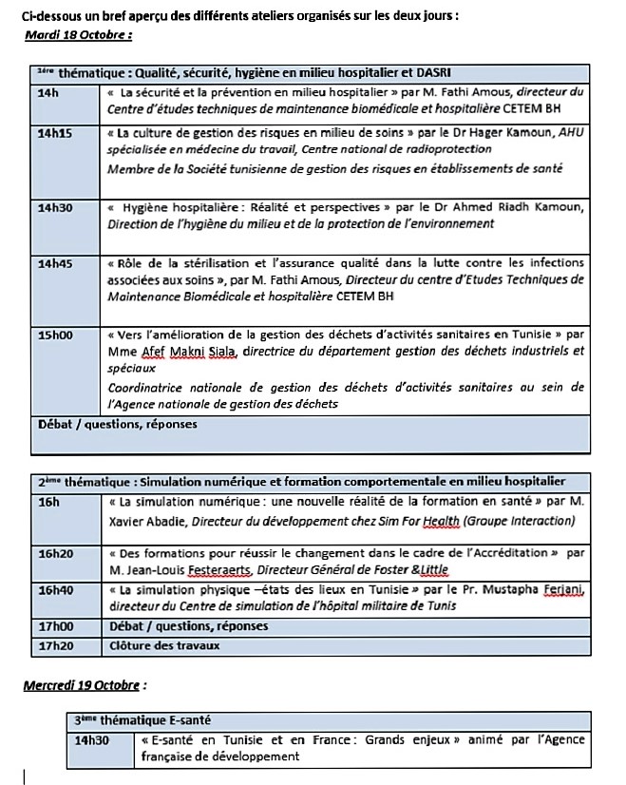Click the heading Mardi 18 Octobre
pyautogui.click(x=78, y=35)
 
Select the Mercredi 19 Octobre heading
pyautogui.click(x=85, y=684)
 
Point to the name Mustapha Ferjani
pyautogui.click(x=533, y=590)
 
